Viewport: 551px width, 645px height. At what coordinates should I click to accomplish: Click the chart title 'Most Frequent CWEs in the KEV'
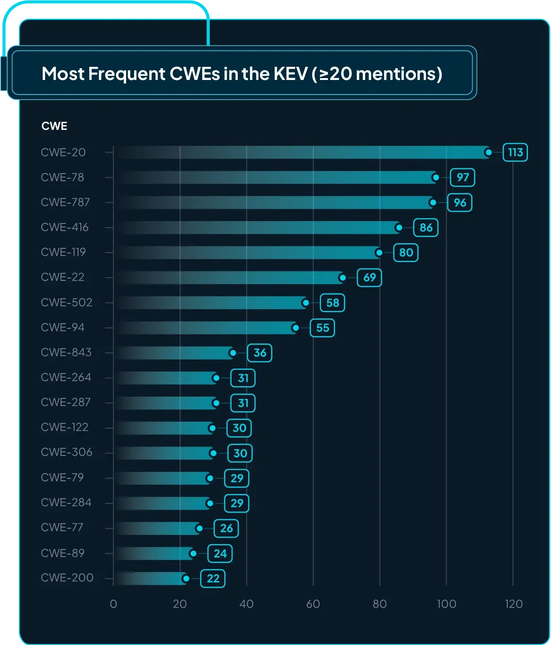tap(242, 74)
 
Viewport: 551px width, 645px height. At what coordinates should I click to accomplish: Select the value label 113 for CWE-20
tap(515, 152)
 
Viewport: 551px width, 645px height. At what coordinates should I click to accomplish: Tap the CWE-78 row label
tap(63, 177)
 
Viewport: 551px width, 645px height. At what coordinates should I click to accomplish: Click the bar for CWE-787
tap(282, 203)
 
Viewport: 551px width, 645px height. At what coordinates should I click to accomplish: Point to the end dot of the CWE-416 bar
tap(399, 228)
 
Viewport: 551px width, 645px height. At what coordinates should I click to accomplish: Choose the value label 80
tap(406, 253)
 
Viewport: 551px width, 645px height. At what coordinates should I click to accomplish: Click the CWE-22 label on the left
tap(63, 277)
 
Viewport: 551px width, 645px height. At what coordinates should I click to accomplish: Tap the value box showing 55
tap(322, 328)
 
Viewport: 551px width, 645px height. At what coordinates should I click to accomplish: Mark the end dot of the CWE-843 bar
tap(232, 353)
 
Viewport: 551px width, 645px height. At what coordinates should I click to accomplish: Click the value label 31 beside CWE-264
tap(243, 378)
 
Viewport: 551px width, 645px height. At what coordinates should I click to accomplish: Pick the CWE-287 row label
tap(66, 402)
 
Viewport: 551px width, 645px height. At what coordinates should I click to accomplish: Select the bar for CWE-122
tap(165, 428)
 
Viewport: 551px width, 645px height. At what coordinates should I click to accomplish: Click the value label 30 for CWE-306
tap(240, 453)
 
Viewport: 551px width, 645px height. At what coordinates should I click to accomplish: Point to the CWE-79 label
tap(63, 478)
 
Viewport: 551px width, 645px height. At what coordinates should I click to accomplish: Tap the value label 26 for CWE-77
tap(226, 528)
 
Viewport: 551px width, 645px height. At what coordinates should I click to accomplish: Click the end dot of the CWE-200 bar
tap(186, 579)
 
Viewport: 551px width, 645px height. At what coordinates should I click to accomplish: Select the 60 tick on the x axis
tap(313, 604)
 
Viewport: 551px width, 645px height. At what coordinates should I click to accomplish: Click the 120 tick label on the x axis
tap(513, 604)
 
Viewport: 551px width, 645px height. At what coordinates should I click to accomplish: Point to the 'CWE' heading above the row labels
tap(55, 126)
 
